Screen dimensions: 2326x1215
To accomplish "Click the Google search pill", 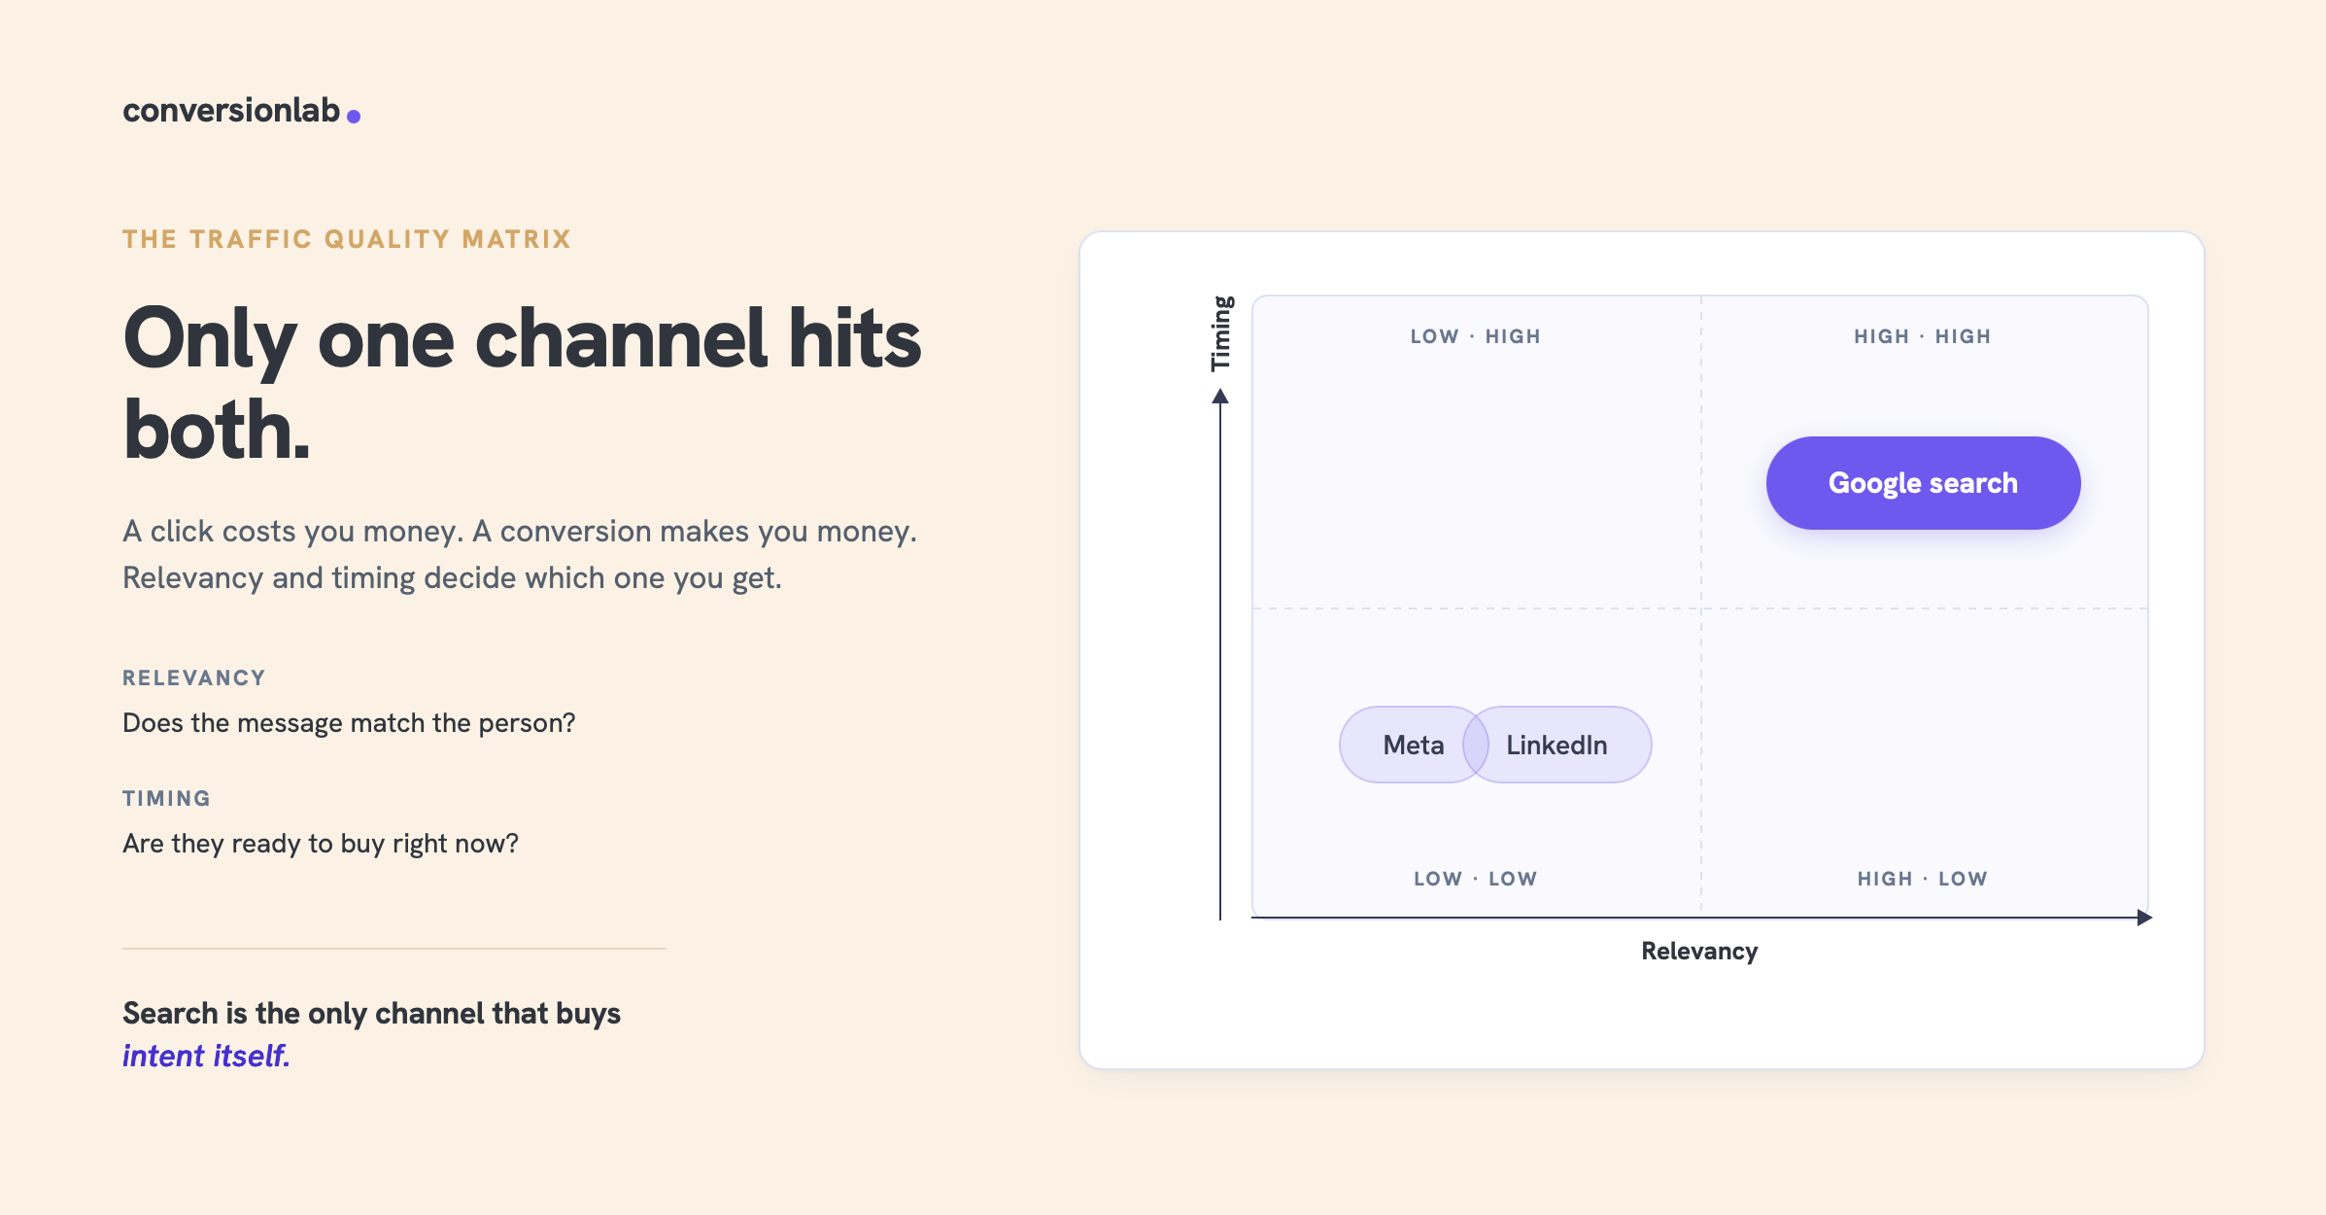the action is (x=1923, y=483).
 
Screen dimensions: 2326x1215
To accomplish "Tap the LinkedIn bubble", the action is (x=1557, y=745).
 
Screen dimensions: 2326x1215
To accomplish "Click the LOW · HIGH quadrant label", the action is (x=1476, y=336).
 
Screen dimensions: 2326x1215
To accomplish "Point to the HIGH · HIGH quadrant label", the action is (x=1923, y=336).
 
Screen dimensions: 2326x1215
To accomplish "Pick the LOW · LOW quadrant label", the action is (x=1476, y=879).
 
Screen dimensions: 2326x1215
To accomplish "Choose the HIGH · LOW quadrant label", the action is (x=1923, y=879).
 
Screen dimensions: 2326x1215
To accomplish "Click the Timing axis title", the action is (x=1221, y=333).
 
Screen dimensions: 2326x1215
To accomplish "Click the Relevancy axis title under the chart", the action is (x=1699, y=951).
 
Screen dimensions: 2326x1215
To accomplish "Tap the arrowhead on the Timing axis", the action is (x=1220, y=396).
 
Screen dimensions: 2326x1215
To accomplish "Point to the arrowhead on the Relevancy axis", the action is (x=2145, y=918).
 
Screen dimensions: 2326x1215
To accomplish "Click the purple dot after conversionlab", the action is (x=354, y=117).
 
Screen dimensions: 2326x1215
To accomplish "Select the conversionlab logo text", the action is (x=231, y=110).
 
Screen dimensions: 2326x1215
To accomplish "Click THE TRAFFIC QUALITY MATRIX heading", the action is (x=347, y=239).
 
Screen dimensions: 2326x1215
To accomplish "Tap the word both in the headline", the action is (x=217, y=429).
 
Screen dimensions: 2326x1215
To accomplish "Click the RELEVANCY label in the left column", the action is (x=194, y=677).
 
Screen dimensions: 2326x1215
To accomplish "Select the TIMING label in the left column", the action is (x=166, y=798).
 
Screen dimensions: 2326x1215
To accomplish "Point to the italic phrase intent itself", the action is (x=206, y=1056).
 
